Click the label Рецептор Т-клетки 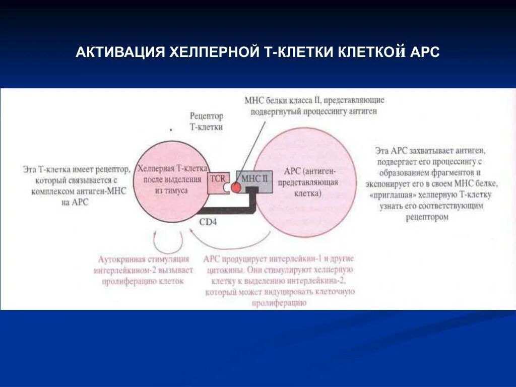[206, 121]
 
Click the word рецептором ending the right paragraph [426, 217]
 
